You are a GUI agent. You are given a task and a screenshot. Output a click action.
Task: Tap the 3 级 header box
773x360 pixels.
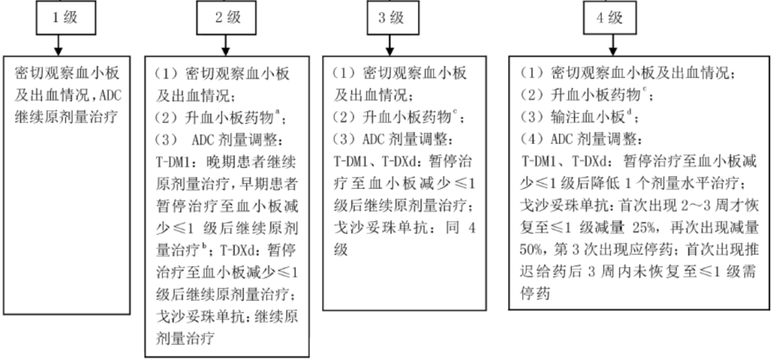click(391, 19)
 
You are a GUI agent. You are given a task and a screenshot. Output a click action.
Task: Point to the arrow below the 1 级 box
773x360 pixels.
click(59, 46)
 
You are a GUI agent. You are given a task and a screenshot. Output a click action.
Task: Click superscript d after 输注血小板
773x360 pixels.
click(629, 111)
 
